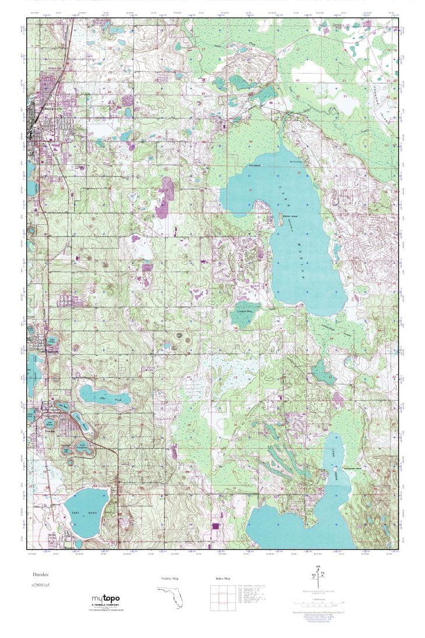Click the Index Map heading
tap(220, 579)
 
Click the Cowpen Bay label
tap(248, 311)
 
